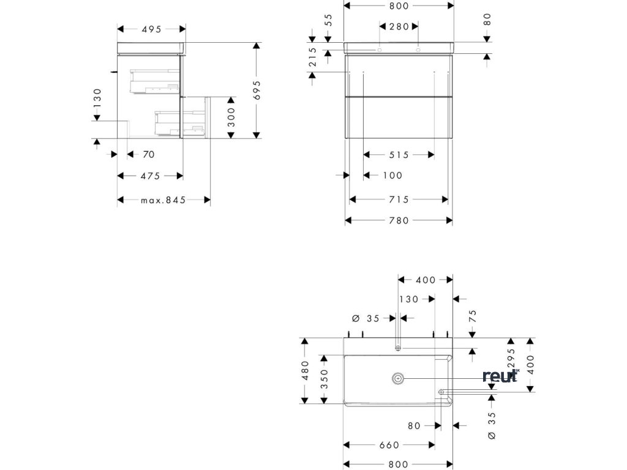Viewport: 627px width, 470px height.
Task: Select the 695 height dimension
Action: (257, 91)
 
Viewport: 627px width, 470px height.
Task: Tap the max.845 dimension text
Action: (163, 200)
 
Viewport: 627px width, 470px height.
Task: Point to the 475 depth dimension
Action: (150, 176)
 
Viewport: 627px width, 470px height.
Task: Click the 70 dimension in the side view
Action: (148, 154)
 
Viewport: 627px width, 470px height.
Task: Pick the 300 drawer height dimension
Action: (231, 117)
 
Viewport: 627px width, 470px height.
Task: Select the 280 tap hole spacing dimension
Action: (399, 26)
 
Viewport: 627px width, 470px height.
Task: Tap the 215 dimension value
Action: (312, 59)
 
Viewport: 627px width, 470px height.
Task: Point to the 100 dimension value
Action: (392, 176)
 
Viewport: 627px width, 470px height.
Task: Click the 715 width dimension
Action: (398, 199)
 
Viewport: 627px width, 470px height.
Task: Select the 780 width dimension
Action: (398, 220)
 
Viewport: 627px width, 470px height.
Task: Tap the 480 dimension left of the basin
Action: (305, 370)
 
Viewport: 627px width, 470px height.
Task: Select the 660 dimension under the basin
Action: (389, 445)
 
